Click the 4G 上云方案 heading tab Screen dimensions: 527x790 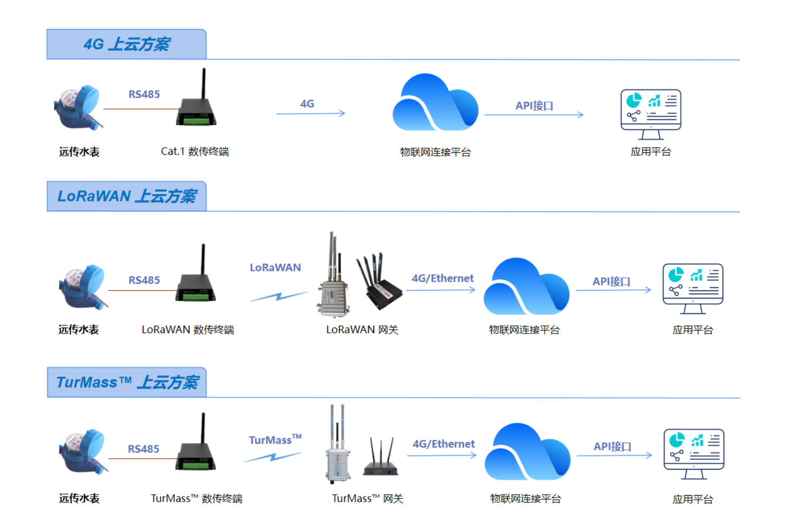(126, 44)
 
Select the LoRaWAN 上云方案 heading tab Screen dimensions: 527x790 (126, 196)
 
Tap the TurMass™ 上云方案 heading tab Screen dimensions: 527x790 (127, 383)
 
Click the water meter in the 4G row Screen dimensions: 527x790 (78, 108)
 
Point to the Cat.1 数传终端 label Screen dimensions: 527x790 (194, 151)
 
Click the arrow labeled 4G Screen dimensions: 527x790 (310, 114)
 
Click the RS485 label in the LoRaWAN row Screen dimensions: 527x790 (144, 280)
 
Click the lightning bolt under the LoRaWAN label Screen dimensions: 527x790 (278, 296)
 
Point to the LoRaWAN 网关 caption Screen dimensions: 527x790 (362, 330)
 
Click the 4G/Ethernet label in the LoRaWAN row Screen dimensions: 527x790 (442, 278)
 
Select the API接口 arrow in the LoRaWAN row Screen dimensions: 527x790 (613, 290)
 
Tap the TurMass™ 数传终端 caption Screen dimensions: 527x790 (197, 498)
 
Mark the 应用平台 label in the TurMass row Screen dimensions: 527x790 (692, 499)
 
